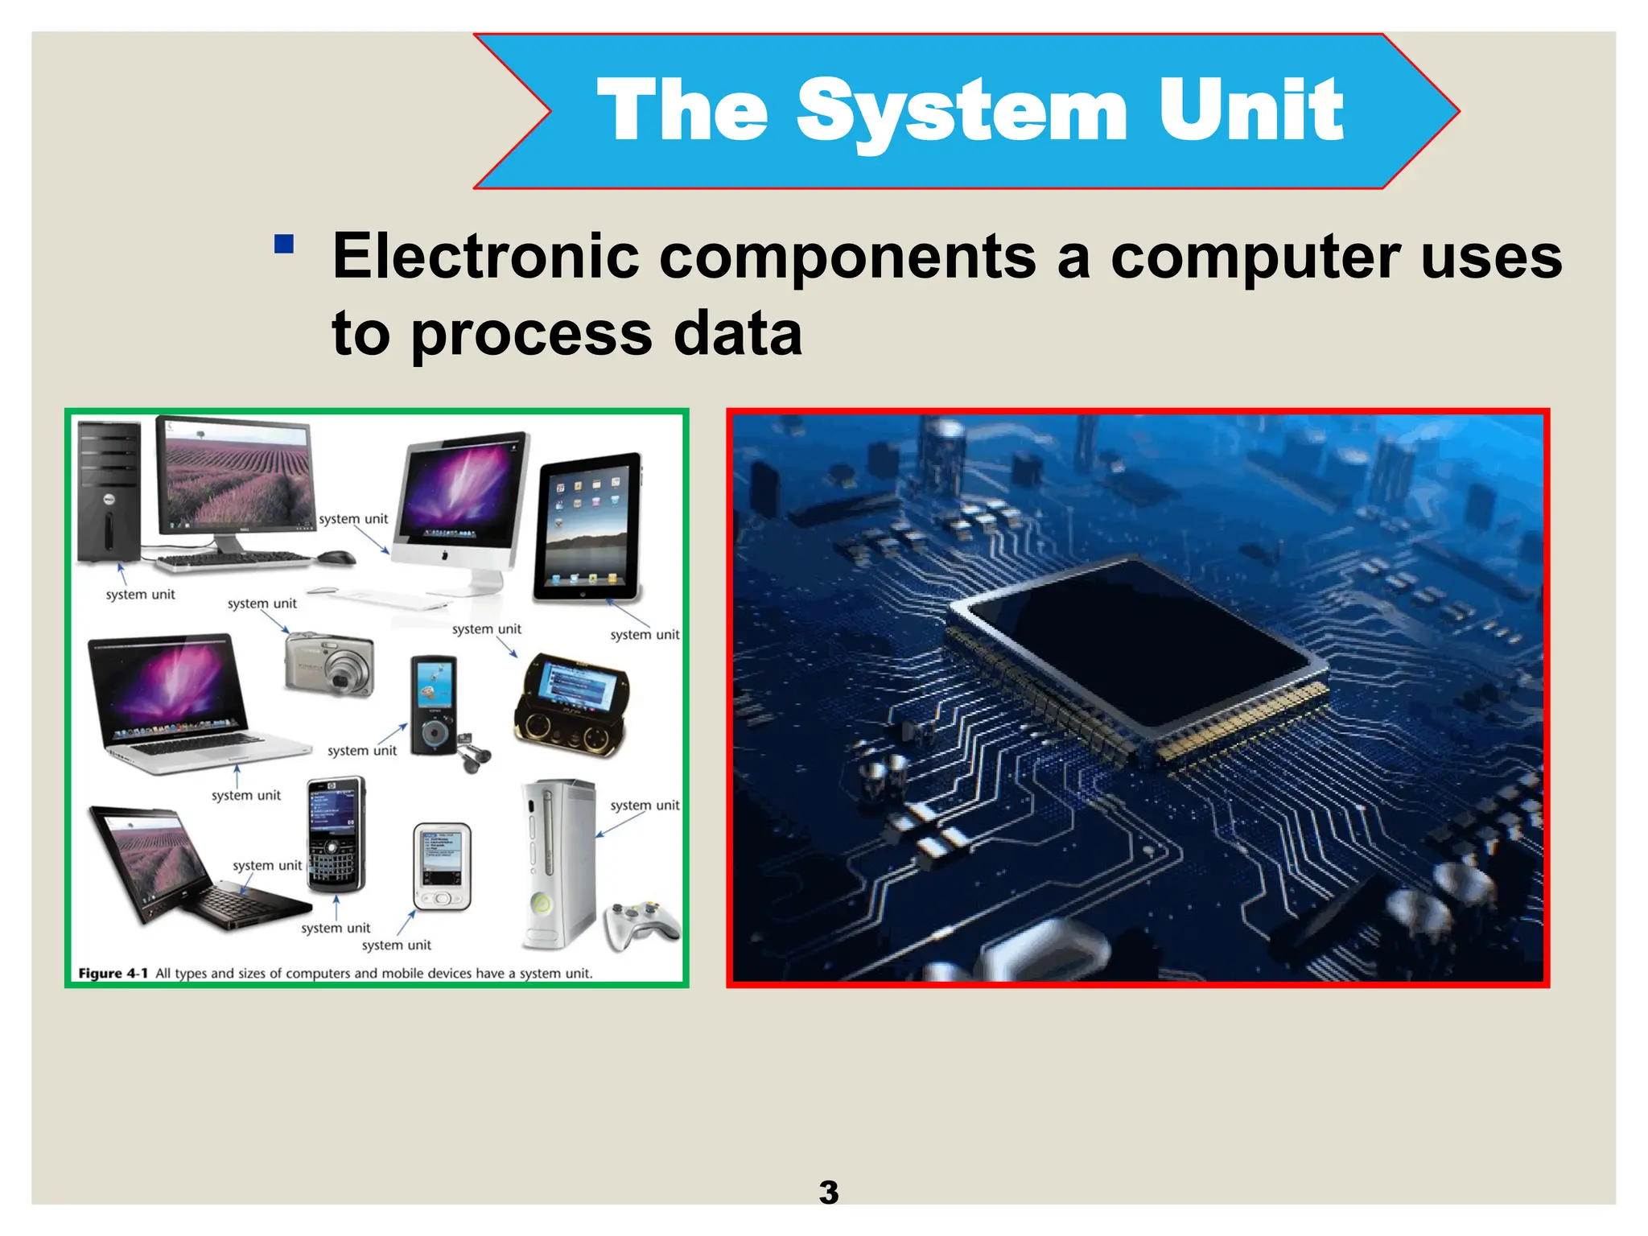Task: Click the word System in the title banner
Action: coord(962,111)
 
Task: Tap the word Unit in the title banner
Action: coord(1250,111)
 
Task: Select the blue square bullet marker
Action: coord(283,243)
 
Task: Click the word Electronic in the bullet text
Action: coord(486,256)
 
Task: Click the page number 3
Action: coord(828,1192)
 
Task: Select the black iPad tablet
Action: coord(587,529)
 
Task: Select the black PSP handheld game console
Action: coord(572,703)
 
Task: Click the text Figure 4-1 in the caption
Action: coord(113,973)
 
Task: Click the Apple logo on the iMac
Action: coord(445,555)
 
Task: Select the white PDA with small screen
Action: coord(441,867)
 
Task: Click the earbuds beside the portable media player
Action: coord(473,756)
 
